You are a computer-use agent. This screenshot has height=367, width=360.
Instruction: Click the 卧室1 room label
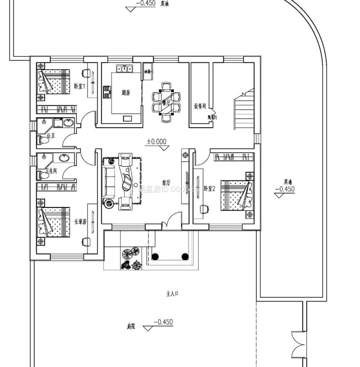point(80,87)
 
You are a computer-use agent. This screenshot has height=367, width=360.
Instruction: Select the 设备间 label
point(200,106)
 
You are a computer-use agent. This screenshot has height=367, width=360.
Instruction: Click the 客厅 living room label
point(166,183)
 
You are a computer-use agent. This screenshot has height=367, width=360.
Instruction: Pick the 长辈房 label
point(80,222)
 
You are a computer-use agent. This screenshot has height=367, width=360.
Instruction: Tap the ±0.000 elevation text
point(157,142)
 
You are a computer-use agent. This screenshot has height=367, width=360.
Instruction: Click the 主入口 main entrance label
point(172,293)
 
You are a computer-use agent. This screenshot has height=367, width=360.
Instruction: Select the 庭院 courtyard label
point(131,326)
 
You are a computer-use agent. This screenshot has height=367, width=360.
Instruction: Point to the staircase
point(244,109)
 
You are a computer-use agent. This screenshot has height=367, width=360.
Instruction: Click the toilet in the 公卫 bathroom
point(43,140)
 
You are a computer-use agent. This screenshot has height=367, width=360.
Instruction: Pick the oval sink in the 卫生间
point(64,158)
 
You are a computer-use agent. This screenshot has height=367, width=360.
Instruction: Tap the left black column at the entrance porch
point(156,256)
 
